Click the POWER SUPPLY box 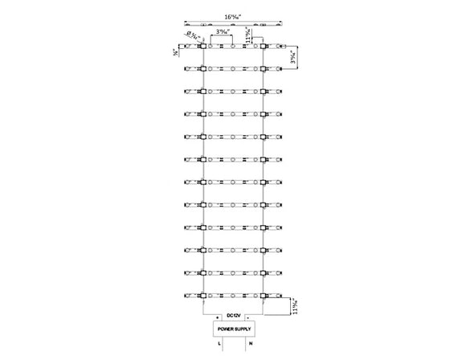point(233,329)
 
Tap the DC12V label point(233,314)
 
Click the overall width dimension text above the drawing point(233,15)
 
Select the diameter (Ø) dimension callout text point(192,35)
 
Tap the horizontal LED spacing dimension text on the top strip point(227,32)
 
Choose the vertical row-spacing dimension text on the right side point(295,58)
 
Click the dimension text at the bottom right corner point(295,306)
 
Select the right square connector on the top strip point(264,47)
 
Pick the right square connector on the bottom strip point(264,295)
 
